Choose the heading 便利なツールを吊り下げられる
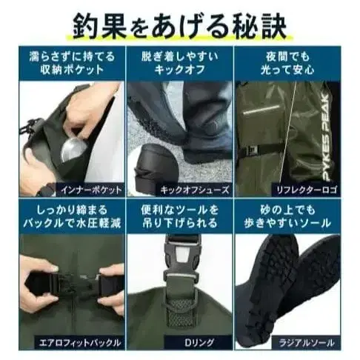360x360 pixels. coord(180,215)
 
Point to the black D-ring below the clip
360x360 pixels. coord(180,311)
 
